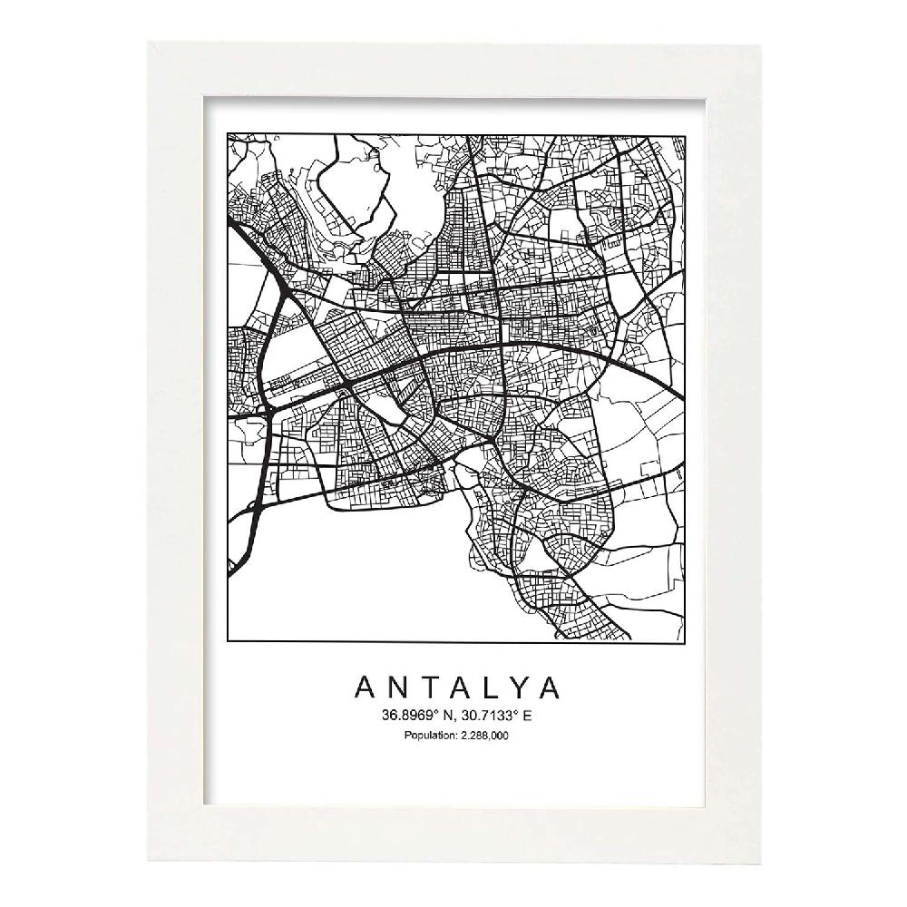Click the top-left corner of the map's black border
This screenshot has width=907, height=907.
[226, 133]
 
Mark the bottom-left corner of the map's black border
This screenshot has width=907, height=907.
[226, 642]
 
